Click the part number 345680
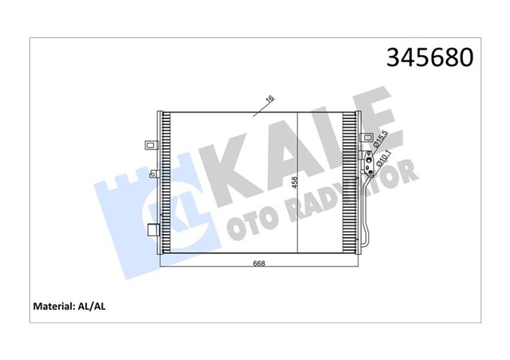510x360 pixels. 430,57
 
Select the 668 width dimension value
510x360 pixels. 259,264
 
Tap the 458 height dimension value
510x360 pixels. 295,182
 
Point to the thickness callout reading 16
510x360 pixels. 270,99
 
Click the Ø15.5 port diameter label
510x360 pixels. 381,138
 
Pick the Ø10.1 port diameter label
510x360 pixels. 383,159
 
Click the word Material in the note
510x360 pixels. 53,307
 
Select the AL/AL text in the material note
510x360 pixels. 92,307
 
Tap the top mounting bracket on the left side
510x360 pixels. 151,145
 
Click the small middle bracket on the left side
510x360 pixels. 155,174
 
